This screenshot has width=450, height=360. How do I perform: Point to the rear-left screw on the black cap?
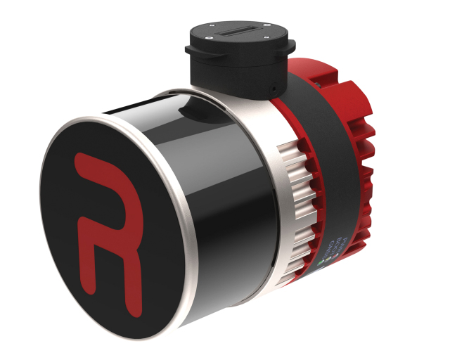click(x=210, y=23)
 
